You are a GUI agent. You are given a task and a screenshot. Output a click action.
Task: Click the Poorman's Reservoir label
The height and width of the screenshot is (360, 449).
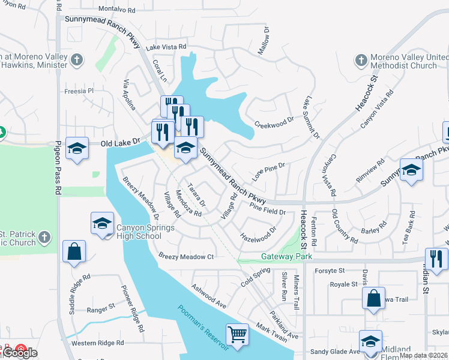[x=203, y=328]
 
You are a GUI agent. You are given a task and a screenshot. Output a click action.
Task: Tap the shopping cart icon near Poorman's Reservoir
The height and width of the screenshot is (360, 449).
[x=237, y=335]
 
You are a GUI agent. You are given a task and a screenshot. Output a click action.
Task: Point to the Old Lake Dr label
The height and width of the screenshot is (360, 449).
[x=120, y=143]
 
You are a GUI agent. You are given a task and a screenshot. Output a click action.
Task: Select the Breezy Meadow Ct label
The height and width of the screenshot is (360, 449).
[x=186, y=256]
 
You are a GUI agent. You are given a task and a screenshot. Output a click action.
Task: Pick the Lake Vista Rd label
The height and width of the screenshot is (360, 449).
[x=166, y=47]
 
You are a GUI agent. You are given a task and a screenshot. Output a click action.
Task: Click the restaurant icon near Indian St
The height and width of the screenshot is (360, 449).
[x=436, y=259]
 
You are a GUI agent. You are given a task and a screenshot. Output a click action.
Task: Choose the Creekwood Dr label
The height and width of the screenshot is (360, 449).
[x=274, y=122]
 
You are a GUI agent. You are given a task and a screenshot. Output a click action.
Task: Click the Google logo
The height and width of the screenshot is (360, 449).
[x=20, y=353]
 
